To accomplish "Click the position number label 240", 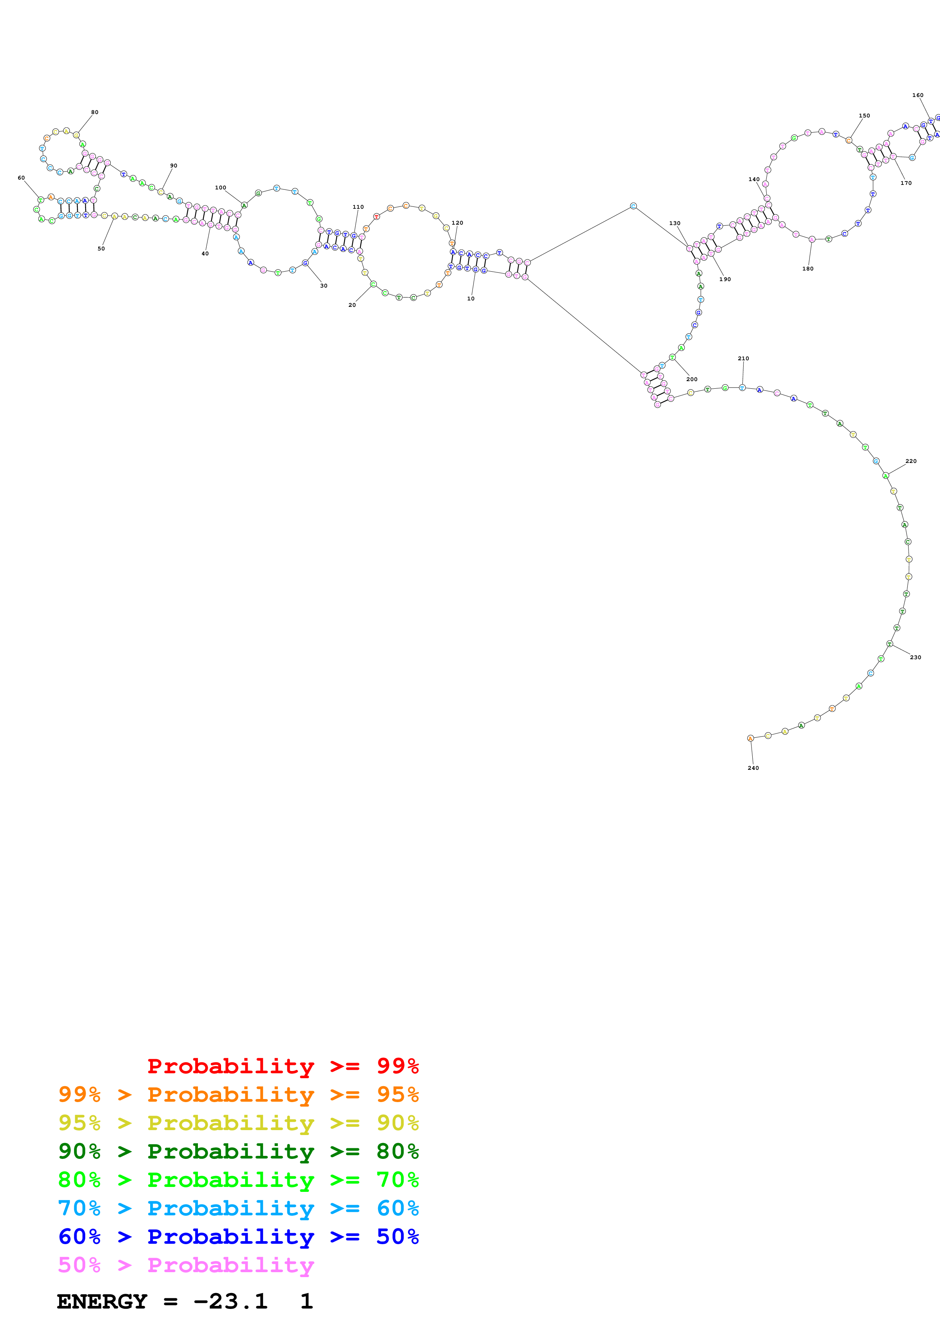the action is click(x=753, y=768).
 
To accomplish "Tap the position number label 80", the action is click(x=94, y=112).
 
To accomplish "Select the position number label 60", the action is click(x=22, y=178).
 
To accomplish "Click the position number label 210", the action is click(x=743, y=358).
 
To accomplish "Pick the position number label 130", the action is click(x=675, y=223).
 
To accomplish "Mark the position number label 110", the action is click(x=358, y=206).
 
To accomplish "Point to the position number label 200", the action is click(x=692, y=379).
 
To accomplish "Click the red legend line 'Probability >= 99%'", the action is click(x=282, y=1066).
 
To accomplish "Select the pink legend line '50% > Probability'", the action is click(x=185, y=1265).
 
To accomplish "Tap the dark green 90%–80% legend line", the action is click(x=238, y=1151).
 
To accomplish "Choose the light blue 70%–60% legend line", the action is click(x=238, y=1208).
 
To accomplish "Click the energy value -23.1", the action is click(x=231, y=1302).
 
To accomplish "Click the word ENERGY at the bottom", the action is click(x=102, y=1302).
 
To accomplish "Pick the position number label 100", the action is click(x=221, y=188).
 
